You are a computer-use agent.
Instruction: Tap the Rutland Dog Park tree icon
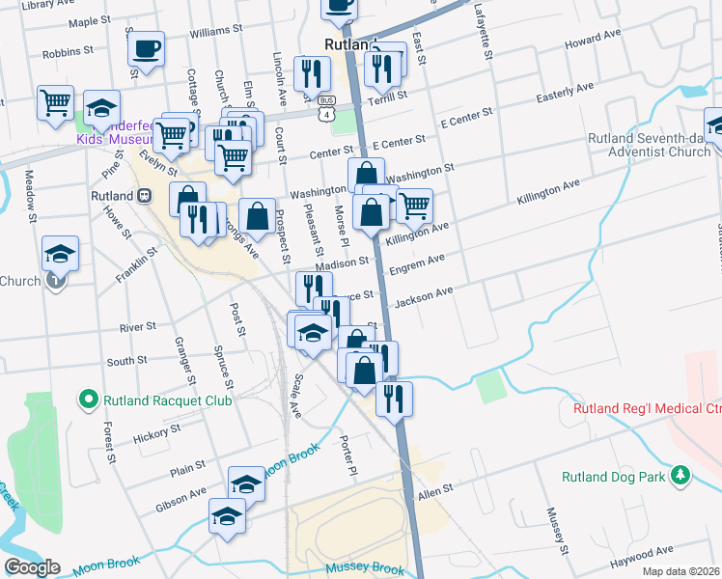pyautogui.click(x=680, y=475)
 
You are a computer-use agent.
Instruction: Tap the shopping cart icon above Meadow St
pyautogui.click(x=56, y=101)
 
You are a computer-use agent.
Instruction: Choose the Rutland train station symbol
pyautogui.click(x=145, y=195)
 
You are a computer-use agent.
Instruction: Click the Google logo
pyautogui.click(x=31, y=567)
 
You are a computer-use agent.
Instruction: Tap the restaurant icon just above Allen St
pyautogui.click(x=394, y=399)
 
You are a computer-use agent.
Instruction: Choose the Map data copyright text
pyautogui.click(x=681, y=571)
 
